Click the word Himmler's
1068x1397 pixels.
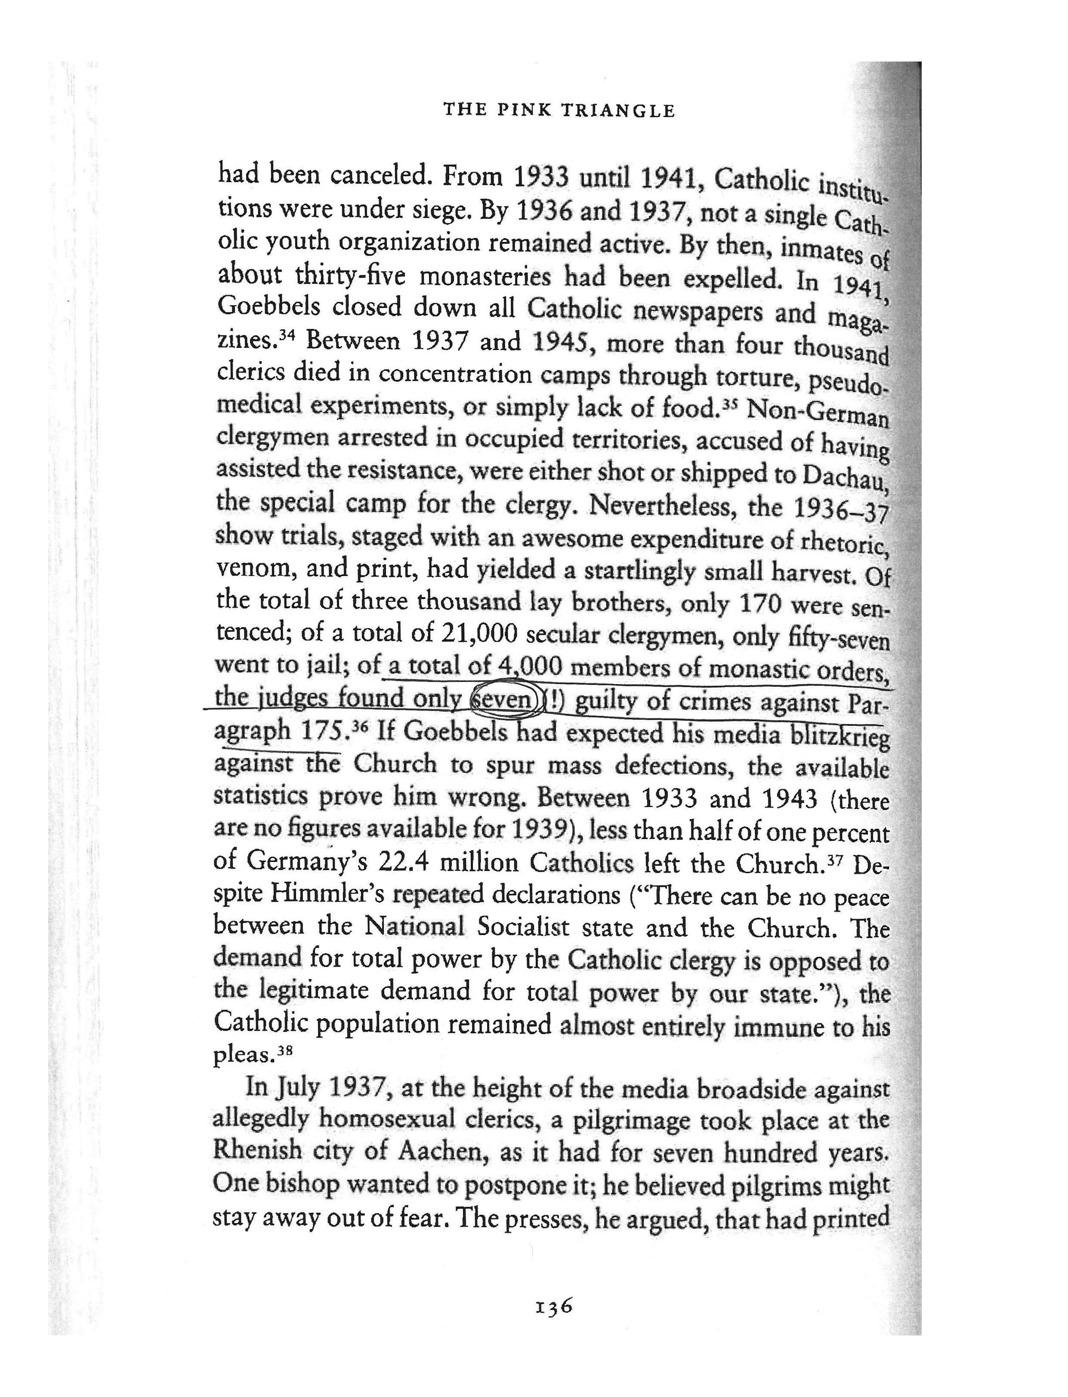pyautogui.click(x=327, y=895)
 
